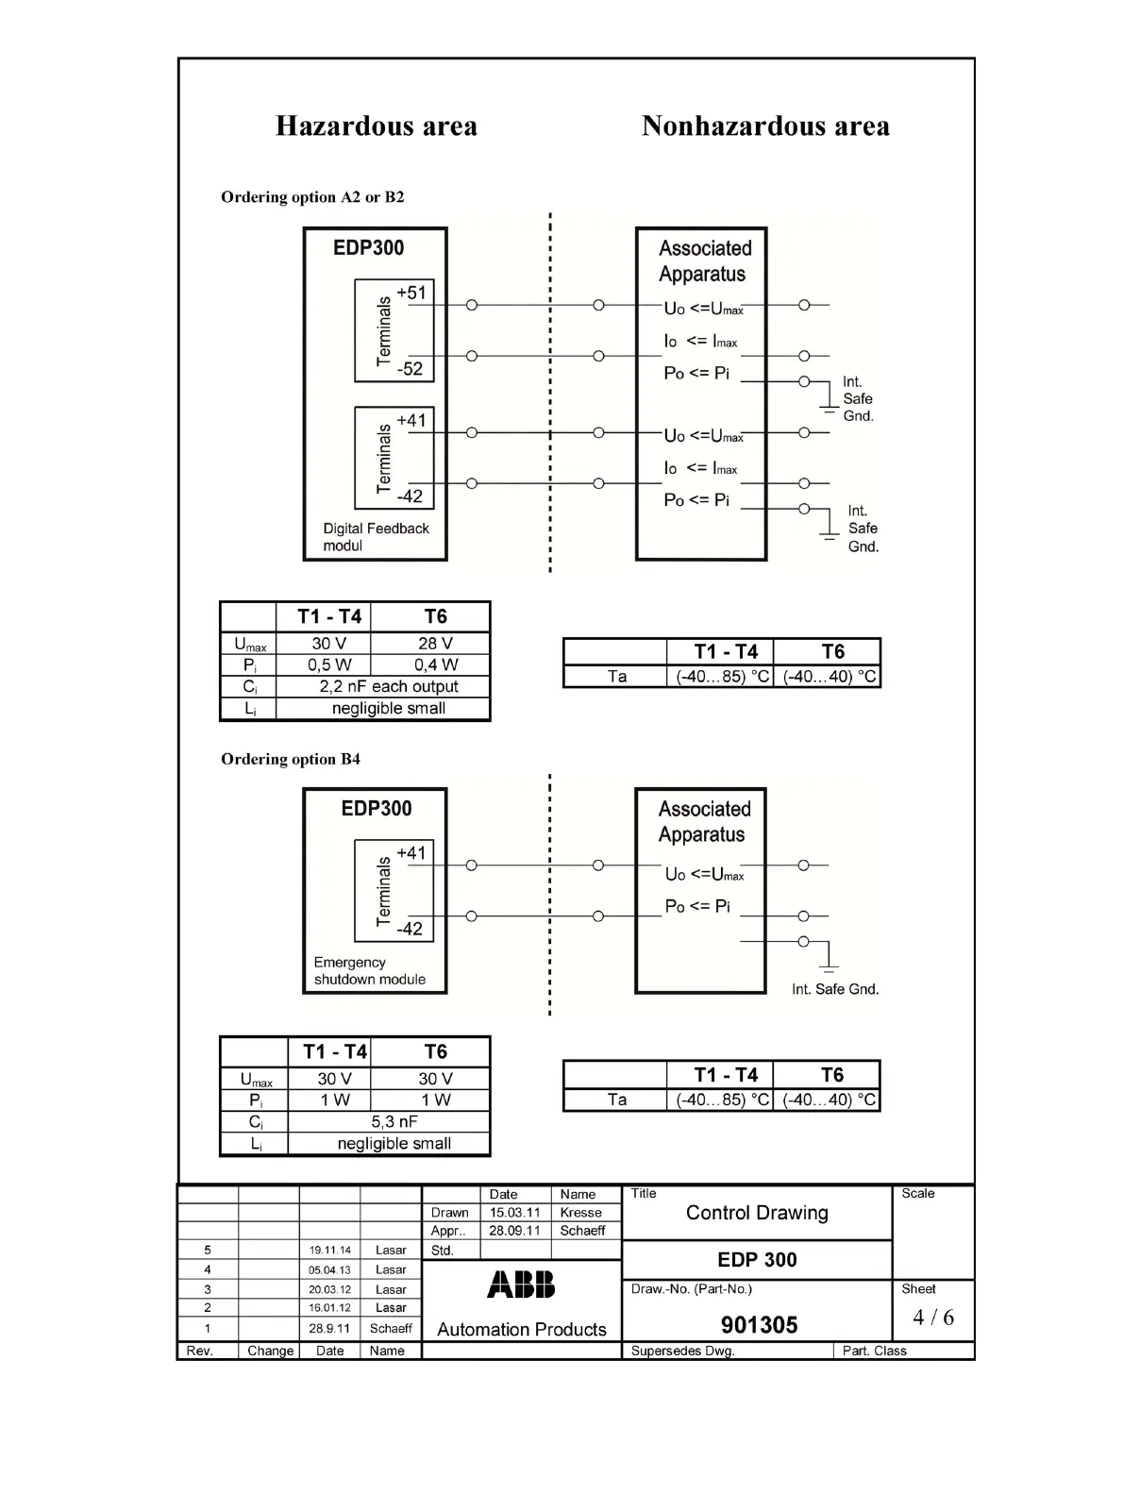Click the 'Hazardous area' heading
pyautogui.click(x=376, y=126)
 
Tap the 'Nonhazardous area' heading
pyautogui.click(x=764, y=126)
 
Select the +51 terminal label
pyautogui.click(x=411, y=293)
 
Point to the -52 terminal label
pyautogui.click(x=410, y=369)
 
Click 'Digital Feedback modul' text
pyautogui.click(x=375, y=537)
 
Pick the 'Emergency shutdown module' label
pyautogui.click(x=369, y=971)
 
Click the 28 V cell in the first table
pyautogui.click(x=435, y=644)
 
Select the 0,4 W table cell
pyautogui.click(x=435, y=664)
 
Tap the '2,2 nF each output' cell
pyautogui.click(x=388, y=686)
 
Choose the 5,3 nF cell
pyautogui.click(x=394, y=1121)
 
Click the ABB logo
pyautogui.click(x=521, y=1285)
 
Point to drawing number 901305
pyautogui.click(x=759, y=1325)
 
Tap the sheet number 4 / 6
pyautogui.click(x=932, y=1318)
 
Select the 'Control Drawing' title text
pyautogui.click(x=757, y=1213)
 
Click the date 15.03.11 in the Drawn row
pyautogui.click(x=514, y=1213)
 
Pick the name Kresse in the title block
pyautogui.click(x=580, y=1213)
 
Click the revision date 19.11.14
pyautogui.click(x=329, y=1251)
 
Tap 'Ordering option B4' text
pyautogui.click(x=291, y=759)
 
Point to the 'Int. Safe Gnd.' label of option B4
pyautogui.click(x=835, y=989)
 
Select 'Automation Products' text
pyautogui.click(x=522, y=1330)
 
